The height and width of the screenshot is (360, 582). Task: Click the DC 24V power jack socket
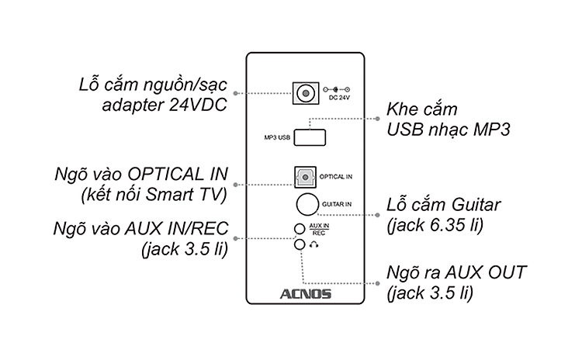(307, 94)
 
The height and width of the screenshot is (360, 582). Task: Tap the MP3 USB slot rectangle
(310, 137)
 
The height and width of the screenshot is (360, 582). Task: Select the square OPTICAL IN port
(306, 178)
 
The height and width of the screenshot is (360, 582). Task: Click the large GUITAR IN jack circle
(307, 203)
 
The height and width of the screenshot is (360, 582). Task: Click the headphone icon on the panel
(314, 244)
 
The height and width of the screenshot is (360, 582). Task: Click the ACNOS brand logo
(305, 294)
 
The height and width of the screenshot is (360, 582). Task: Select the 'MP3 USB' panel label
(275, 138)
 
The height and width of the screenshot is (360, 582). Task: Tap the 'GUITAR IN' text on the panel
(338, 203)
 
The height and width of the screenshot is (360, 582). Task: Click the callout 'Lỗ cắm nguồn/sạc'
(152, 85)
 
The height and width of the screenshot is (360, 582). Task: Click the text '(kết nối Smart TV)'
(154, 194)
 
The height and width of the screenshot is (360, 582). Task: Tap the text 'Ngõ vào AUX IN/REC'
(146, 230)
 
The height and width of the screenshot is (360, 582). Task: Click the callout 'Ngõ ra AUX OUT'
(456, 273)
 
